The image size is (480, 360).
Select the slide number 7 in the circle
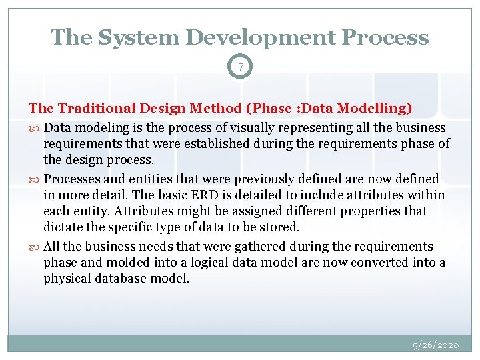240,67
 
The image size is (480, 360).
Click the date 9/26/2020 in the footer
435,345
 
